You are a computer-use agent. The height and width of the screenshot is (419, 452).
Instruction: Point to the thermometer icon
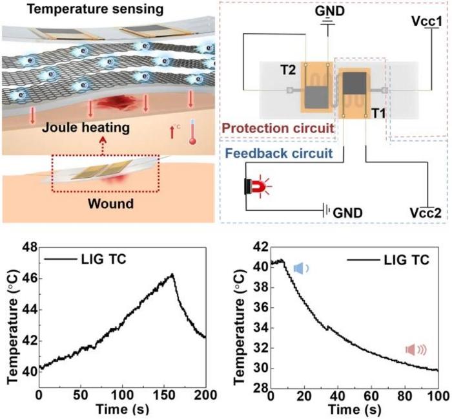click(192, 133)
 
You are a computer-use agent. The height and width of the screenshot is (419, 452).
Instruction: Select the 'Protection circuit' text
click(277, 128)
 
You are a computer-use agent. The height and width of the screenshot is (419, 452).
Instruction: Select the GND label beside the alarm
click(347, 211)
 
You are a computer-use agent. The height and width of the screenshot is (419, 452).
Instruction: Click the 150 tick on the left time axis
click(163, 393)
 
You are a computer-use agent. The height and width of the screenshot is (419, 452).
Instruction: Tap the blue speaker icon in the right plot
click(300, 268)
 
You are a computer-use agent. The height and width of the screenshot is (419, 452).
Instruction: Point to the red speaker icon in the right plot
click(415, 350)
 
